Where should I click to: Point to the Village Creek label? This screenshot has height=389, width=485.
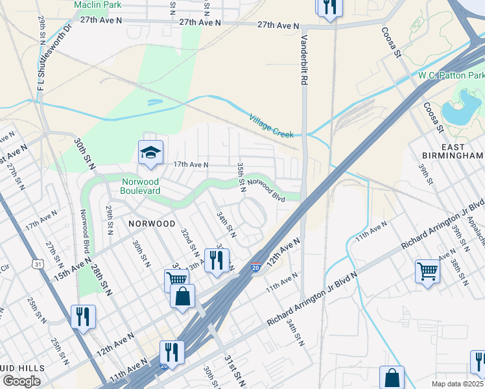(x=271, y=125)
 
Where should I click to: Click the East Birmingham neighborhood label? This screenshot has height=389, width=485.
(x=452, y=150)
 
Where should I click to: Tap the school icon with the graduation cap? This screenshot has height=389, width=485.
(x=150, y=153)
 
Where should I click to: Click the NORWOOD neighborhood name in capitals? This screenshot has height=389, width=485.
(x=151, y=223)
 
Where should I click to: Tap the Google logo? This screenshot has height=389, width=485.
(x=21, y=381)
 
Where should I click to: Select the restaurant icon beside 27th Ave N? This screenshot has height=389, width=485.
(x=329, y=8)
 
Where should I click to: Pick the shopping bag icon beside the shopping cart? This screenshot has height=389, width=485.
(x=183, y=296)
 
